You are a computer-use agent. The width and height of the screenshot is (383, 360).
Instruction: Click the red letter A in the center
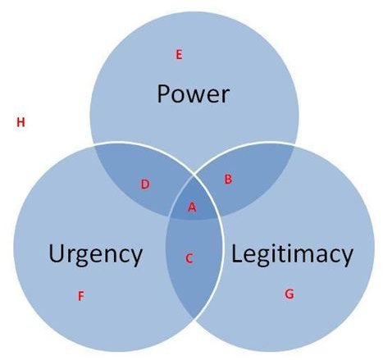192,207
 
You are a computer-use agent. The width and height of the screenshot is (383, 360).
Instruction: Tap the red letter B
228,179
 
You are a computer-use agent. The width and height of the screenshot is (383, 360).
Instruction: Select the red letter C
189,258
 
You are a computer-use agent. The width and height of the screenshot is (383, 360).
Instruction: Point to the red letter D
145,185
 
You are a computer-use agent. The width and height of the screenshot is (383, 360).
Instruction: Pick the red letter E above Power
179,55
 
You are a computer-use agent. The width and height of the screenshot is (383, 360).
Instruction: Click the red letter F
80,296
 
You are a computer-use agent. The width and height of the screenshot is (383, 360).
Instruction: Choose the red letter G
290,294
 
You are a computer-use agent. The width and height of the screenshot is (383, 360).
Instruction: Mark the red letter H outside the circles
21,122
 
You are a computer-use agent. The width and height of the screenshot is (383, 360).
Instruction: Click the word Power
194,93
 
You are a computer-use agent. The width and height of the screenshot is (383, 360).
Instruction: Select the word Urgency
95,255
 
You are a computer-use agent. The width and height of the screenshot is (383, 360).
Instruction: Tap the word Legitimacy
292,254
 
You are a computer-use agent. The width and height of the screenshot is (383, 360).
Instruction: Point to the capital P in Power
164,93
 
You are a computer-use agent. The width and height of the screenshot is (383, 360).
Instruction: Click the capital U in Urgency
57,253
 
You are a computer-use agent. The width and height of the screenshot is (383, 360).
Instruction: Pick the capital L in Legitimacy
237,253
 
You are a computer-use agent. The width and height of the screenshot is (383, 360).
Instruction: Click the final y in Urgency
136,258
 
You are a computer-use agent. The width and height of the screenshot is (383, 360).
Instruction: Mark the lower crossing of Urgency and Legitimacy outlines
194,318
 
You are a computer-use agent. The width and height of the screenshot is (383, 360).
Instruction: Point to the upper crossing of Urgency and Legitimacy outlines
194,174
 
